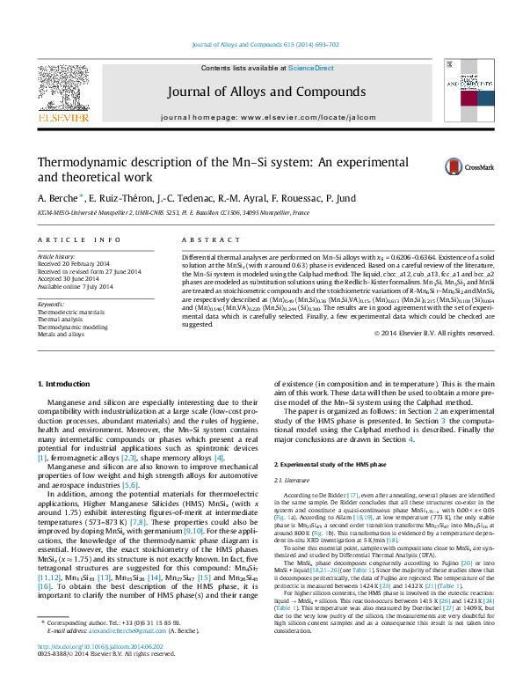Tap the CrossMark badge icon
469,166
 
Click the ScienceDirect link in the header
311,68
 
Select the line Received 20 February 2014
74,263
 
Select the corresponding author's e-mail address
113,656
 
